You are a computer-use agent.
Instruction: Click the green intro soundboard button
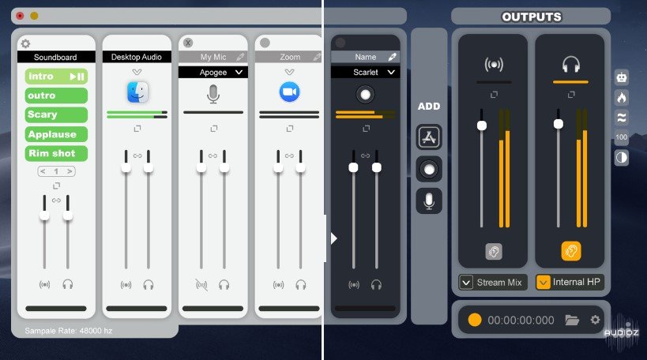(56, 77)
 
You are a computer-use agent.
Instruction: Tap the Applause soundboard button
(56, 134)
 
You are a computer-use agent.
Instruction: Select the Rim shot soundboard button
(56, 153)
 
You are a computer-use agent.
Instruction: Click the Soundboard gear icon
(25, 43)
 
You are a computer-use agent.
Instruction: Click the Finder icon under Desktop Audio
(137, 92)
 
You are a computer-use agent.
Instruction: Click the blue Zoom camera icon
(289, 92)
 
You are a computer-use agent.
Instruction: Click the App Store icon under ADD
(429, 137)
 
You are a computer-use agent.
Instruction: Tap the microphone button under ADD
(429, 201)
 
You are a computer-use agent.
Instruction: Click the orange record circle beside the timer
(475, 320)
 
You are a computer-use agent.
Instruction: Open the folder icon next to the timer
(572, 320)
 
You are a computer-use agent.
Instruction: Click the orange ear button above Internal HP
(571, 251)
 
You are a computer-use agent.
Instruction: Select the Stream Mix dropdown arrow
(466, 283)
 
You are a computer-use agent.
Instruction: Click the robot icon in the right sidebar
(622, 77)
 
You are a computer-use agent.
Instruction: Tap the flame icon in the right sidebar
(622, 98)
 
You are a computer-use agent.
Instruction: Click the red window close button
(20, 16)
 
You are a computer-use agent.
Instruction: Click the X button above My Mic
(188, 43)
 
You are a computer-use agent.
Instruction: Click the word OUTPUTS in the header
(532, 17)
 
